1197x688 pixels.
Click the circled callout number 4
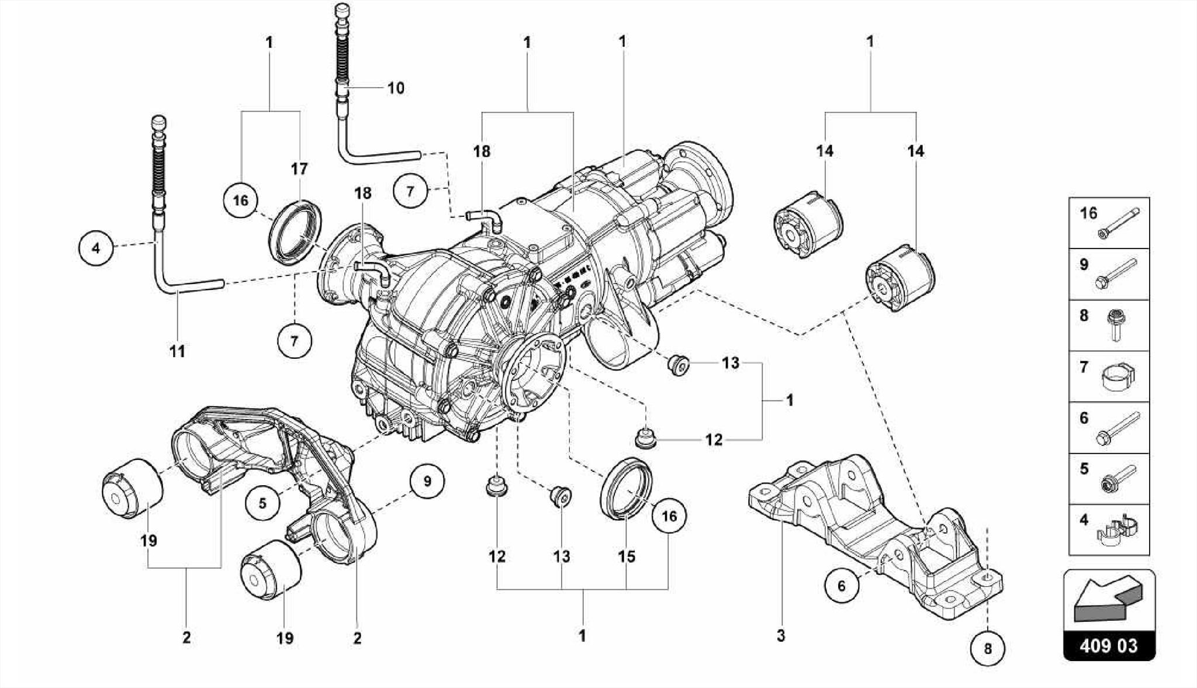coord(95,248)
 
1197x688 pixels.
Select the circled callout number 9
coord(427,481)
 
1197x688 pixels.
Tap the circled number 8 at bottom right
coord(988,648)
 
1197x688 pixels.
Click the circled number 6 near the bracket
coord(842,585)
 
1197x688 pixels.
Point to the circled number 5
coord(262,503)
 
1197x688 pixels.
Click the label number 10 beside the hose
coord(396,88)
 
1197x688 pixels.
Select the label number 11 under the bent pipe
coord(177,351)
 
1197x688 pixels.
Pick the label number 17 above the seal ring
coord(299,169)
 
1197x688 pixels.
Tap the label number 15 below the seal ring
coord(627,556)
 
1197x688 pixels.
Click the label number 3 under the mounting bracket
coord(781,635)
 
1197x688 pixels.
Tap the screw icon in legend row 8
coord(1118,326)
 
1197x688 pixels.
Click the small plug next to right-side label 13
coord(678,365)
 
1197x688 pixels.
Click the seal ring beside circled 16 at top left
coord(296,231)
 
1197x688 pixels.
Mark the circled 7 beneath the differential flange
coord(294,340)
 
